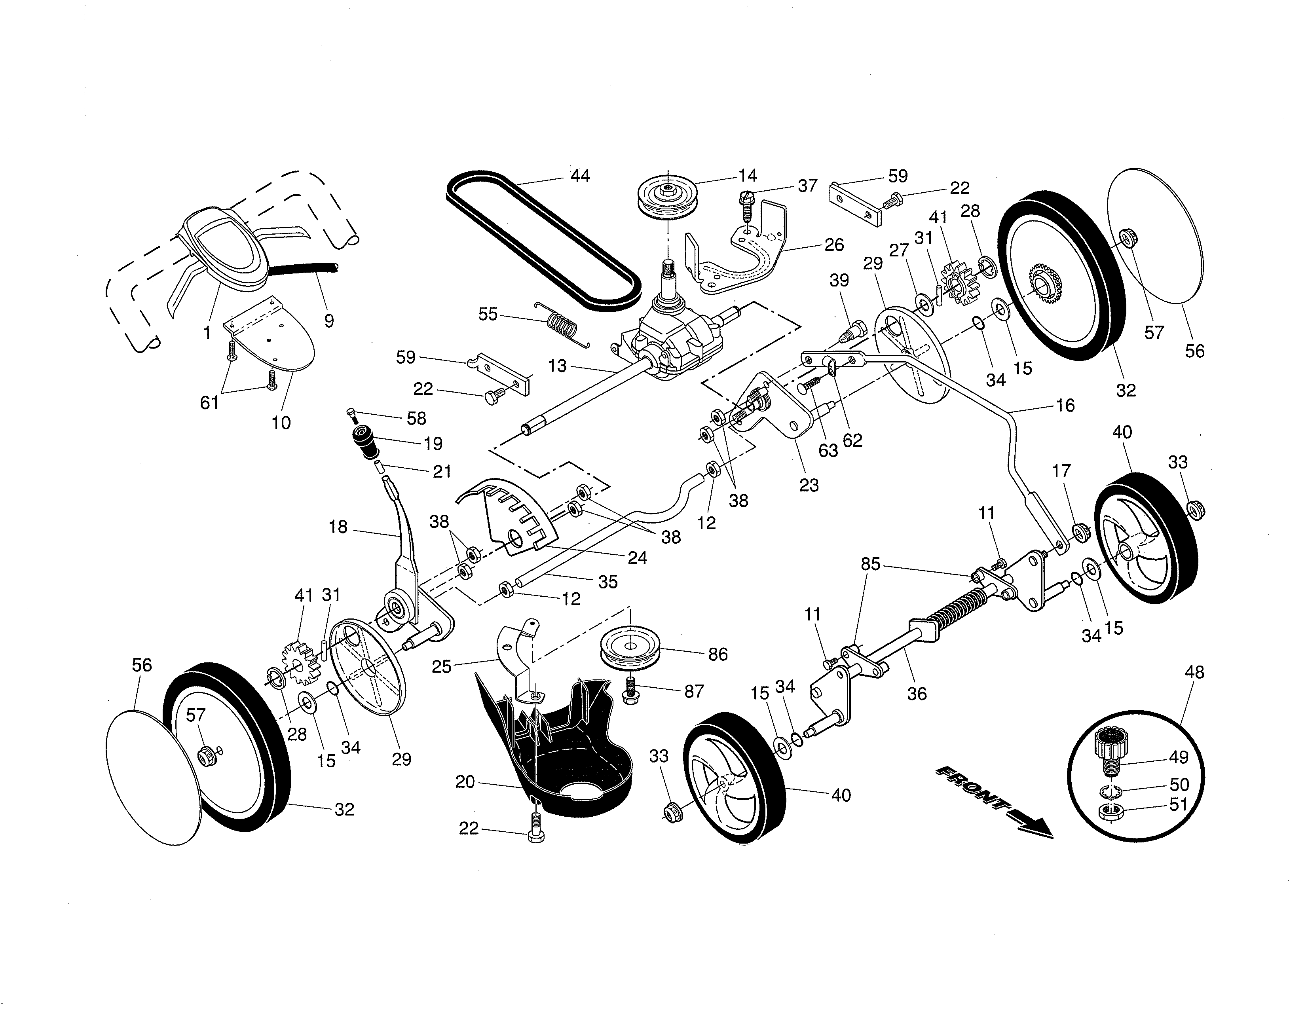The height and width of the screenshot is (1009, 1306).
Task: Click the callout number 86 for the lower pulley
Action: click(x=718, y=654)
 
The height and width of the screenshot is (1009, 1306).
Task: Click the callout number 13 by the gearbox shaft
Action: click(x=557, y=366)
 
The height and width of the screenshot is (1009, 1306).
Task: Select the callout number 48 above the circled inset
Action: click(x=1194, y=672)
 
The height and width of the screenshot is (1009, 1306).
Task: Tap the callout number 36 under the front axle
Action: click(x=916, y=694)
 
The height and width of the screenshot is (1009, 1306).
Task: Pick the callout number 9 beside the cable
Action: click(x=329, y=321)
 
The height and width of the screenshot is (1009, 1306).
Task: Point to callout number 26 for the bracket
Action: click(x=833, y=245)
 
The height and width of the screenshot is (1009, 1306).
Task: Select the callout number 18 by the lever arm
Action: click(x=338, y=527)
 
